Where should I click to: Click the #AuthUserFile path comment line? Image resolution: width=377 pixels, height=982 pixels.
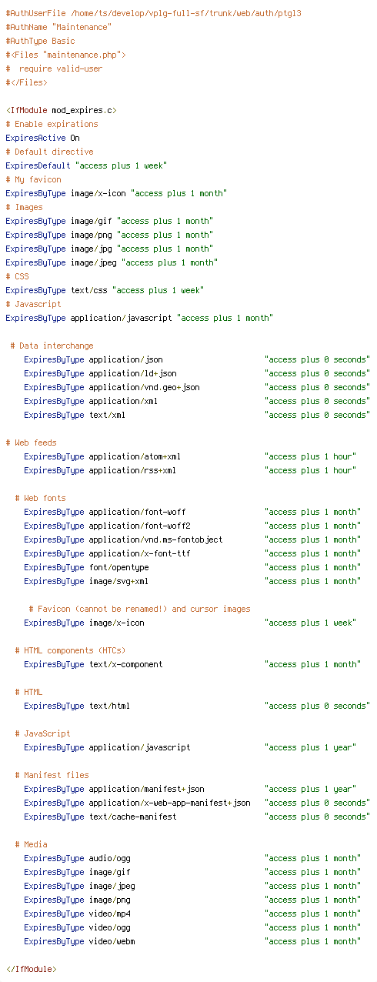click(153, 13)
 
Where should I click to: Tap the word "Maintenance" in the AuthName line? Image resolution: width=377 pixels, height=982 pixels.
click(82, 27)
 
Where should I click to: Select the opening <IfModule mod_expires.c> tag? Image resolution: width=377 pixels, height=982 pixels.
click(62, 110)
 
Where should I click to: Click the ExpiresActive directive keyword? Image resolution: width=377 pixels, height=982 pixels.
click(35, 138)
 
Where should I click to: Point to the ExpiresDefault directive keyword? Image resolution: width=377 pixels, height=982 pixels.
click(38, 165)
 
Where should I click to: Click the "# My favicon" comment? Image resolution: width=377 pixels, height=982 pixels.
click(33, 180)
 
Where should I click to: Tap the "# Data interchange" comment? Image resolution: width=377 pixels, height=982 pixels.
click(52, 346)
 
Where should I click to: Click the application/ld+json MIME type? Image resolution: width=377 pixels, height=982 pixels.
click(133, 373)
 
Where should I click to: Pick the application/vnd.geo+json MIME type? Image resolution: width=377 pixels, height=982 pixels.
click(144, 388)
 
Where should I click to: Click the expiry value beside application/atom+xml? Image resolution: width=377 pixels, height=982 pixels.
click(310, 457)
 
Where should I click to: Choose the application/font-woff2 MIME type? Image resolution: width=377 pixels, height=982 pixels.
click(140, 526)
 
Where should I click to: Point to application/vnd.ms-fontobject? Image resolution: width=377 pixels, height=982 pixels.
click(155, 539)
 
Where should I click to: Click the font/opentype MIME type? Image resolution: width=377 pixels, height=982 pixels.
click(118, 568)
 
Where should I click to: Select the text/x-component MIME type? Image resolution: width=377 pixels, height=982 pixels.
click(126, 665)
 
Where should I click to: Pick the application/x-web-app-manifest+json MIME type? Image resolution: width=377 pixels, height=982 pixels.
click(169, 803)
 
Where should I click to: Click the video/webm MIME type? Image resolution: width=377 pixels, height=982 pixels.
click(112, 942)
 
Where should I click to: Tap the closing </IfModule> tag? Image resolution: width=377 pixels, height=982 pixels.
click(31, 969)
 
